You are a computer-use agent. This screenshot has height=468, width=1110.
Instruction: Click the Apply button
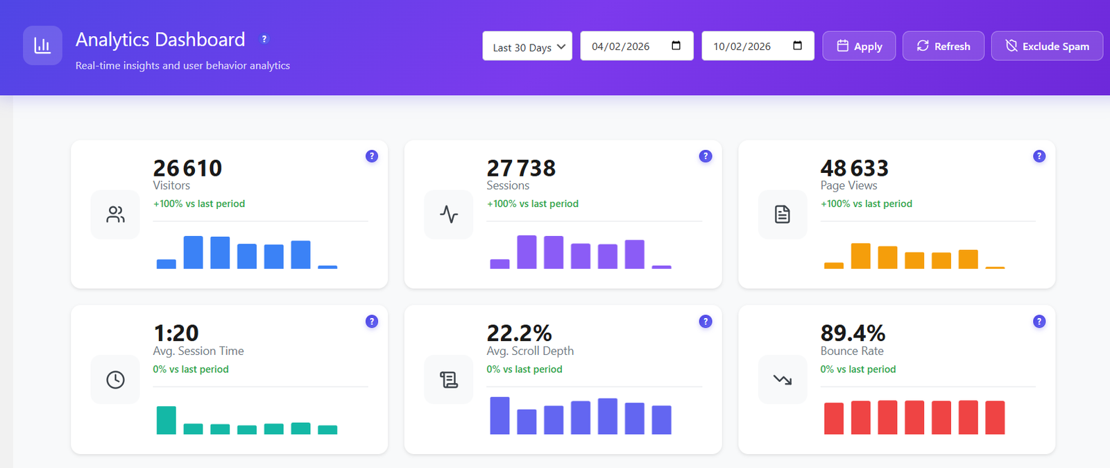859,46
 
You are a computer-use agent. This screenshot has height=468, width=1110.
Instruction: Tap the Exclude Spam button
1047,46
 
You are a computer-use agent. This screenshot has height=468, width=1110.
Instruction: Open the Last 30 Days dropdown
527,47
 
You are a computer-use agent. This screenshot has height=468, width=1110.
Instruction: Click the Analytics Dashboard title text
160,40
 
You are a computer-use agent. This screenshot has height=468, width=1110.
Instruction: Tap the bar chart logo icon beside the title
42,46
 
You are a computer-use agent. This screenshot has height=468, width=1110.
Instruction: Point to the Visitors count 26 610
187,168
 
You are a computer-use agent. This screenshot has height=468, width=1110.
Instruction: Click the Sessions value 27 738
521,168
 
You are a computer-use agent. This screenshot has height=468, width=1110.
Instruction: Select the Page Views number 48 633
854,168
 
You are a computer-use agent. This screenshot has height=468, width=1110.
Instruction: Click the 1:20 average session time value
176,333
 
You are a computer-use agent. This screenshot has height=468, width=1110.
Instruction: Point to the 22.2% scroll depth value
519,333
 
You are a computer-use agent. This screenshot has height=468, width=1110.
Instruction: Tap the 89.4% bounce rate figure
853,333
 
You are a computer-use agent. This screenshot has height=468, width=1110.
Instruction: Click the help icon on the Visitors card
372,156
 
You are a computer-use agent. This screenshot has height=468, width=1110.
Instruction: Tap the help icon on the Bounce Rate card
1039,321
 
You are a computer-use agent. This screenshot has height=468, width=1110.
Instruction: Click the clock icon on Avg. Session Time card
115,380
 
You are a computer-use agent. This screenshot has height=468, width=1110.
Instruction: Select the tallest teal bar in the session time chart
166,420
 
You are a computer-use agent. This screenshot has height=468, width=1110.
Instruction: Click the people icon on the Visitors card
115,215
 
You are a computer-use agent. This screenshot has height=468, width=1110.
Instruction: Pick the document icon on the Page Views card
783,215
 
